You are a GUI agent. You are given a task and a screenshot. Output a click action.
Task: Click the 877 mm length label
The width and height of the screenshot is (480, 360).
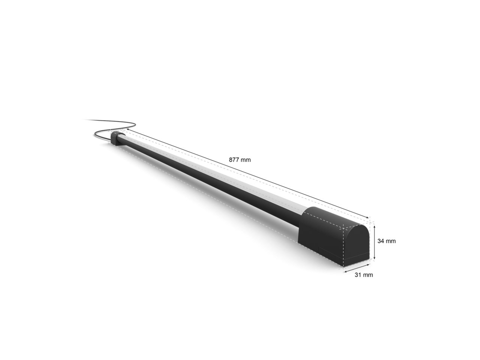click(240, 160)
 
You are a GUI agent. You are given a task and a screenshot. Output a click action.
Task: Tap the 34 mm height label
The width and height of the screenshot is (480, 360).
click(386, 241)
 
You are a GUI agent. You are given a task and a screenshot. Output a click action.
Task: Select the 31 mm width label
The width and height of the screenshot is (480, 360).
click(364, 275)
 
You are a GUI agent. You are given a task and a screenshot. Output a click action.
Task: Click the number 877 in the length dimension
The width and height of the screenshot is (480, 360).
click(234, 160)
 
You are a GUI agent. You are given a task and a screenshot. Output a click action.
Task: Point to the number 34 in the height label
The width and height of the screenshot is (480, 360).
click(381, 241)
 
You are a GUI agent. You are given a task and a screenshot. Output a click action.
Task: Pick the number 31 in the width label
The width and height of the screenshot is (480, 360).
click(358, 275)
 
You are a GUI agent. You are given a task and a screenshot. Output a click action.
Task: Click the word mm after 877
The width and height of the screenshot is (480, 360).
click(246, 160)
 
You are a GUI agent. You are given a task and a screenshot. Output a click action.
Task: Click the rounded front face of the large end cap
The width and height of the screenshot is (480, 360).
click(357, 244)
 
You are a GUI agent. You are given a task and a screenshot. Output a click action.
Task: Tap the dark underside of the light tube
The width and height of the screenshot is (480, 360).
click(210, 184)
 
